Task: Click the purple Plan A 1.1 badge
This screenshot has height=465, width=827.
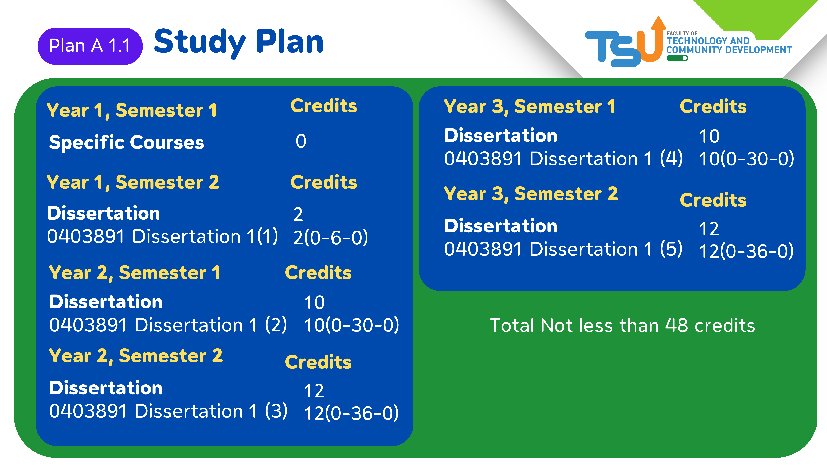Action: (x=90, y=46)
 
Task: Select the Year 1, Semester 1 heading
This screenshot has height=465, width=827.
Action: (x=132, y=110)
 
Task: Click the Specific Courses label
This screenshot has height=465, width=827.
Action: (x=127, y=142)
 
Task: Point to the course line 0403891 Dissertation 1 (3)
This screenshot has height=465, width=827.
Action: (x=168, y=411)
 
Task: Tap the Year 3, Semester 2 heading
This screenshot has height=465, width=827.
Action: (x=531, y=194)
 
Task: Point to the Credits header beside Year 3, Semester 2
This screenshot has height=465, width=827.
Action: (x=713, y=200)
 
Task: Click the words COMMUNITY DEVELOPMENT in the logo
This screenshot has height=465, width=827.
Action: (x=729, y=50)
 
